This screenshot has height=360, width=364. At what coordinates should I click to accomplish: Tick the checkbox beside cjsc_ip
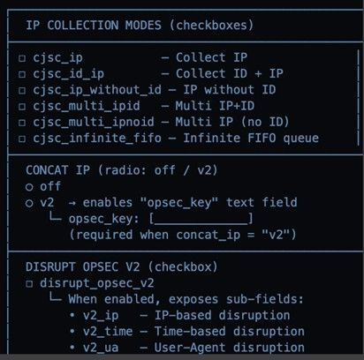pos(22,58)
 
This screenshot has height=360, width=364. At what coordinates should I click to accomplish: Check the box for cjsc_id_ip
pos(22,74)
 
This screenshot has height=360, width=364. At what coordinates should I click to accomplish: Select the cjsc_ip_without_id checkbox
pos(22,90)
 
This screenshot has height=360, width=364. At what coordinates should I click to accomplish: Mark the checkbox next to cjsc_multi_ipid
pos(22,107)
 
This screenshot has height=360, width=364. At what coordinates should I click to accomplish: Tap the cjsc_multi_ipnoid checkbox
pos(22,123)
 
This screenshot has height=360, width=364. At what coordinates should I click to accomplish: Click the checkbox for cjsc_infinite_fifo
pos(22,139)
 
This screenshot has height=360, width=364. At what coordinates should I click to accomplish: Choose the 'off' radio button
pos(29,187)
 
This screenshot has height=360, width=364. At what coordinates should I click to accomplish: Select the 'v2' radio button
pos(29,203)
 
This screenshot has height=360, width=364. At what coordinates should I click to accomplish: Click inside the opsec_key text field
pos(201,219)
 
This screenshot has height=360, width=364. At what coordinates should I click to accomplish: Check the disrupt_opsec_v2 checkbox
pos(29,284)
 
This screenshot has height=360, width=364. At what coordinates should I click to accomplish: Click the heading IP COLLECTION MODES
pos(94,26)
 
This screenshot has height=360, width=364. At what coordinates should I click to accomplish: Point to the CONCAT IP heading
pos(58,170)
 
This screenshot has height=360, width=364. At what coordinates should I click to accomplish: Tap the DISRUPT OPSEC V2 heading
pos(83,267)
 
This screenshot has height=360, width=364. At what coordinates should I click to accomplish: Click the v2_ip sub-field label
pos(101,316)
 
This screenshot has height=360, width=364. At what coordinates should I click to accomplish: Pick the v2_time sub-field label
pos(108,332)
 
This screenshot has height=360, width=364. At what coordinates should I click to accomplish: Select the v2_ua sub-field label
pos(101,348)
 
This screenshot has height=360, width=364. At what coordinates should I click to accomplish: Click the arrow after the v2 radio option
pos(72,203)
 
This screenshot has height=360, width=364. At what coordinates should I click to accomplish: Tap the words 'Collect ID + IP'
pos(230,74)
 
